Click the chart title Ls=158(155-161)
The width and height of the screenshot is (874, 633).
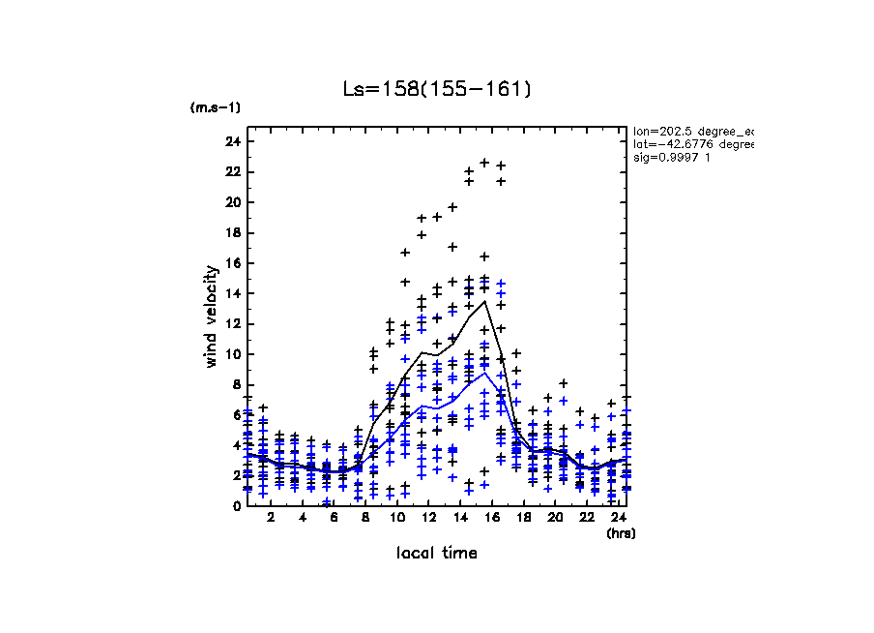437,89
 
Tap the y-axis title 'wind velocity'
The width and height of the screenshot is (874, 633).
211,316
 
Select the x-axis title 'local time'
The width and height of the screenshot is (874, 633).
437,553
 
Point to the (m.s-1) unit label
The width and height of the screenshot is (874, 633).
216,107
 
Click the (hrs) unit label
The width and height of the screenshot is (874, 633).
621,533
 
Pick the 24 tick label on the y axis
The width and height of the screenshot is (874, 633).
232,142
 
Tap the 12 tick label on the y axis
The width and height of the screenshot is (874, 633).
232,324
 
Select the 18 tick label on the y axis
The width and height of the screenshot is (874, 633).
232,233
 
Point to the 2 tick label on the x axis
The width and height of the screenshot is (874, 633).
271,518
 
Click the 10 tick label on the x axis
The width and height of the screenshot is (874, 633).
396,518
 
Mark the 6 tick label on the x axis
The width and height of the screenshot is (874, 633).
334,518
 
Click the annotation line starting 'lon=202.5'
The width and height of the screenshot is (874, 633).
692,130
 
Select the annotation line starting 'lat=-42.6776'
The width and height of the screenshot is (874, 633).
692,144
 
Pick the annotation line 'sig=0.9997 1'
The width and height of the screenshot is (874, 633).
672,158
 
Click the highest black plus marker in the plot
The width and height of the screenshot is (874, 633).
484,163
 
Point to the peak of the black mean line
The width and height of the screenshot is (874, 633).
484,301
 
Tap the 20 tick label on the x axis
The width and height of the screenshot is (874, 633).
555,518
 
